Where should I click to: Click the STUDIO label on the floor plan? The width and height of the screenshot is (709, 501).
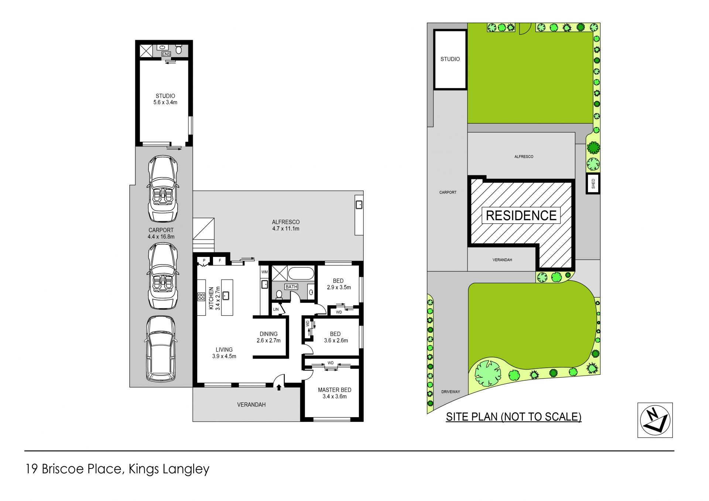coord(165,96)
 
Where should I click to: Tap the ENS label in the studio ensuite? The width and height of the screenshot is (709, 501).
coord(166,54)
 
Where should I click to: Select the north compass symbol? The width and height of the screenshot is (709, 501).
coord(655,420)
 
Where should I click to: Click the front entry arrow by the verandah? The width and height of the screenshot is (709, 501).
coord(279,387)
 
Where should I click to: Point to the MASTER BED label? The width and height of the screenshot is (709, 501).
coord(335,390)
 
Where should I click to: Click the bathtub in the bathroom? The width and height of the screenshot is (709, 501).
coord(301,274)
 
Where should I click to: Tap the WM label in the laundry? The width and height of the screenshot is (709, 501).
coord(264,272)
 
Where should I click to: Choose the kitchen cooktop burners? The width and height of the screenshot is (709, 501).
coord(201,297)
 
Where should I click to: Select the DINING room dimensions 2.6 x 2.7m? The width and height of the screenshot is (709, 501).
coord(268,340)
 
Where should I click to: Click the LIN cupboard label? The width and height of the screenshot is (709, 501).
coord(276,309)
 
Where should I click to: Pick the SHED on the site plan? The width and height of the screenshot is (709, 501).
coord(593,183)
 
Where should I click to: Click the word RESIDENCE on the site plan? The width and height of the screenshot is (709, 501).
coord(521,216)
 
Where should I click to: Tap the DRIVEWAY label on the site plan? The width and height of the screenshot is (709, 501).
coord(451,392)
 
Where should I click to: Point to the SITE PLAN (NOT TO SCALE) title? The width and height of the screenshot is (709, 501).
coord(514,417)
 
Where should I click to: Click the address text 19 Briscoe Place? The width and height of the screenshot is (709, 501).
coord(73,469)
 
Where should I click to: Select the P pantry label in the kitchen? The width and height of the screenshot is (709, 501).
coord(204,261)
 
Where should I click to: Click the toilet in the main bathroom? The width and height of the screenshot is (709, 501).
coord(279,294)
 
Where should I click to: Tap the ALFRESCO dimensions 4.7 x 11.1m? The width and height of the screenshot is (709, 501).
coord(286,229)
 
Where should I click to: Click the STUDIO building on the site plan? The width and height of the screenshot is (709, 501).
coord(450,59)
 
